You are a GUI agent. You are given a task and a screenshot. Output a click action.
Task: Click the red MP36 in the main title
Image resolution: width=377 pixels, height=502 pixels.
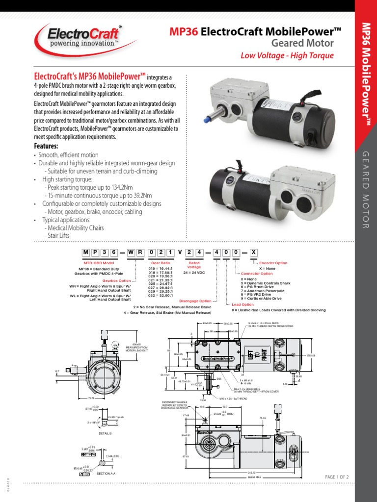184,32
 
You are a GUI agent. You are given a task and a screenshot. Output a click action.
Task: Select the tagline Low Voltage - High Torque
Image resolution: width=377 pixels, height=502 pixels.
287,55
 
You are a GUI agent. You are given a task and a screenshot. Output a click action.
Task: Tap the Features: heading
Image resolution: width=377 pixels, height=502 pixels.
46,147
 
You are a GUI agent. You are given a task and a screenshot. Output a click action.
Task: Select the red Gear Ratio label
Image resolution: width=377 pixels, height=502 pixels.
161,263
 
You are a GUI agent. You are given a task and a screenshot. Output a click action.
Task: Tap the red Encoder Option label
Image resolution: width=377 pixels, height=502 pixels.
273,263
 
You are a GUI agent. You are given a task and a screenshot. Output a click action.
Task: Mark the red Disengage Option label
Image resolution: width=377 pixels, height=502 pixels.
195,301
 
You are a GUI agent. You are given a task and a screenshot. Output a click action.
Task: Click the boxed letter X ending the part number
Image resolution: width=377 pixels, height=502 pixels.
253,252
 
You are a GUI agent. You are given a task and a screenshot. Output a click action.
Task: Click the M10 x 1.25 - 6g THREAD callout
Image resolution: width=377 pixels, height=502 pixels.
234,399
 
